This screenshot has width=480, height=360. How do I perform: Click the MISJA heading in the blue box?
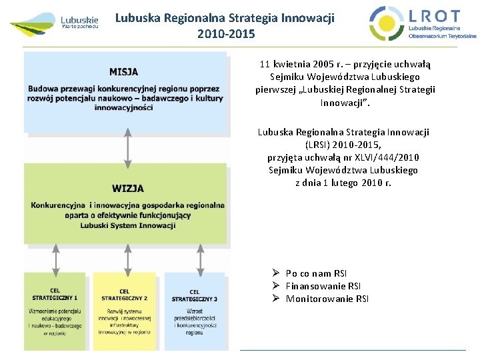pyautogui.click(x=124, y=72)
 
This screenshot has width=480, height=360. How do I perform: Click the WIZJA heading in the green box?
pyautogui.click(x=128, y=189)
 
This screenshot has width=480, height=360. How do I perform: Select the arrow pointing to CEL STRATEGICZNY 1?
pyautogui.click(x=55, y=258)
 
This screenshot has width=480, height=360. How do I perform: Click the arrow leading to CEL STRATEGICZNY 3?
pyautogui.click(x=200, y=258)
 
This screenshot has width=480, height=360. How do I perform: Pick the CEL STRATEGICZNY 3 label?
pyautogui.click(x=194, y=295)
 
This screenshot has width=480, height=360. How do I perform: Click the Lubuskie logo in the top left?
pyautogui.click(x=55, y=23)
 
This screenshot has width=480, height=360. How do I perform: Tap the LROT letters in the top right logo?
pyautogui.click(x=434, y=16)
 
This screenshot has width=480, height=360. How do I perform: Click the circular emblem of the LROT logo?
pyautogui.click(x=387, y=23)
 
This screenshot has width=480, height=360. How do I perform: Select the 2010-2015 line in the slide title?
pyautogui.click(x=226, y=33)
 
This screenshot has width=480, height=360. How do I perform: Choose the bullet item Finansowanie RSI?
pyautogui.click(x=323, y=286)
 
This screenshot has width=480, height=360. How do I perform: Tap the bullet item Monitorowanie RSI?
pyautogui.click(x=327, y=299)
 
